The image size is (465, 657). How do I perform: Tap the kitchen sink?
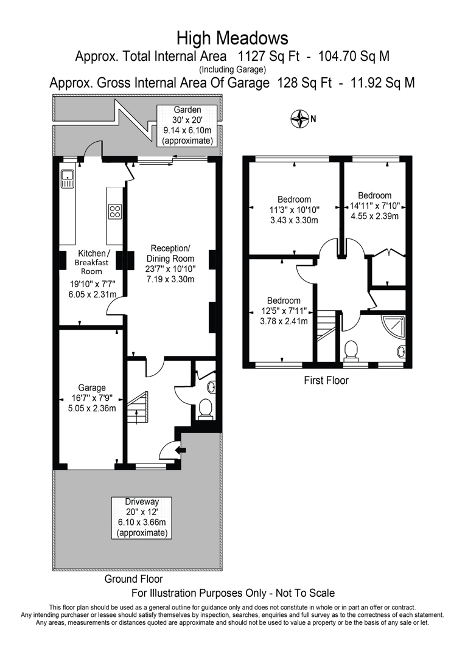point(67,178)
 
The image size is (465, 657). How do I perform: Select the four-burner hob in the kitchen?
point(115,212)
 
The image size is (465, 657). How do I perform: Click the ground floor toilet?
point(206,409)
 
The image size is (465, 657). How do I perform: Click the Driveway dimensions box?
point(142,518)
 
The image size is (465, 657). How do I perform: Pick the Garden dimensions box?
point(187,125)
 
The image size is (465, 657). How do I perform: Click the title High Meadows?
point(232,38)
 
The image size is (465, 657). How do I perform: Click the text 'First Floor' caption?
point(326,381)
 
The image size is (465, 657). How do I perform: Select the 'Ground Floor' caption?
point(133,579)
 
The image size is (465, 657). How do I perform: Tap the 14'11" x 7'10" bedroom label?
point(374,206)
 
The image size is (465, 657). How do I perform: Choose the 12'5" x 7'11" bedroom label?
point(284,311)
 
